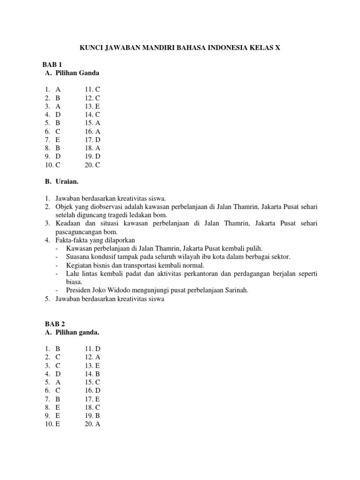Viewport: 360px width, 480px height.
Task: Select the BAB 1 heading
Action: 54,64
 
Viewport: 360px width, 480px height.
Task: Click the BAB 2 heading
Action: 54,323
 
